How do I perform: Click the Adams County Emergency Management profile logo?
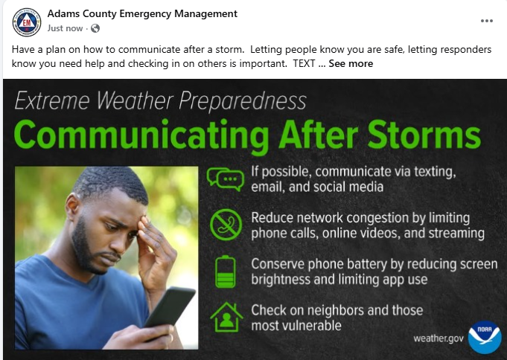click(27, 22)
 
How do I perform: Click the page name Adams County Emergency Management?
click(142, 13)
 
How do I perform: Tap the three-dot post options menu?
click(487, 21)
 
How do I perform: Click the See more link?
click(351, 64)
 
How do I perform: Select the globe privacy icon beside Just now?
click(95, 28)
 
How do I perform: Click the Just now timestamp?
click(65, 28)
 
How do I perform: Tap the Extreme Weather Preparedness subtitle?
click(160, 101)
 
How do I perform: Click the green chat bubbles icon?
click(225, 179)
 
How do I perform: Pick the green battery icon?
click(224, 271)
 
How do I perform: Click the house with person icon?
click(225, 317)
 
